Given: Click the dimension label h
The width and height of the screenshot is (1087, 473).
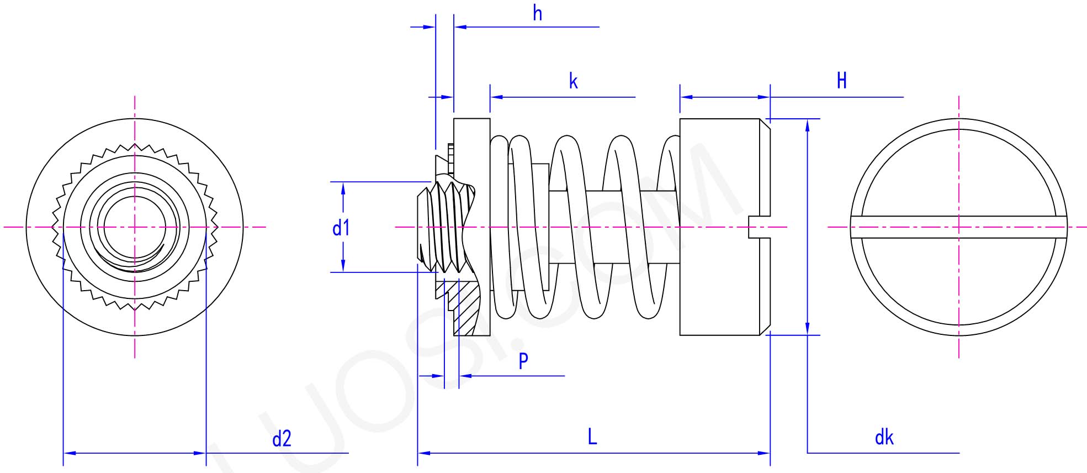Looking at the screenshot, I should pos(537,13).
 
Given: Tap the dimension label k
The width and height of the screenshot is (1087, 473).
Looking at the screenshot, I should pos(573,82).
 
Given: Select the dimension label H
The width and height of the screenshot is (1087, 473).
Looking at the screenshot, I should pos(841,81).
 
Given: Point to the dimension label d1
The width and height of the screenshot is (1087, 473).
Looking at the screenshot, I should pos(341,228).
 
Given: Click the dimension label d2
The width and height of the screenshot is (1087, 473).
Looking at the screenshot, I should pos(282,439).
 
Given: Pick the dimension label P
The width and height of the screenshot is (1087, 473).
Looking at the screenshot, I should pos(523,361).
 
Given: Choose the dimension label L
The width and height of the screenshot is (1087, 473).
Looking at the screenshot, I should pos(592,437).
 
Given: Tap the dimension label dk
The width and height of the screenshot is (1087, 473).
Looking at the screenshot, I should pos(884,438).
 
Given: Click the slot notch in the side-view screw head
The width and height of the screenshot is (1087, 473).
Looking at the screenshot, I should pos(759,227).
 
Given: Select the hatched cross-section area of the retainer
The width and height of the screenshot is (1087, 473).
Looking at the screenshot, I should pos(465,312).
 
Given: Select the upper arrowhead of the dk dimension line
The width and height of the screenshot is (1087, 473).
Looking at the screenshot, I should pos(807,125).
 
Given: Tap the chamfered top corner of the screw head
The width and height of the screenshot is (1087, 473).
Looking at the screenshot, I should pos(765,124).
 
